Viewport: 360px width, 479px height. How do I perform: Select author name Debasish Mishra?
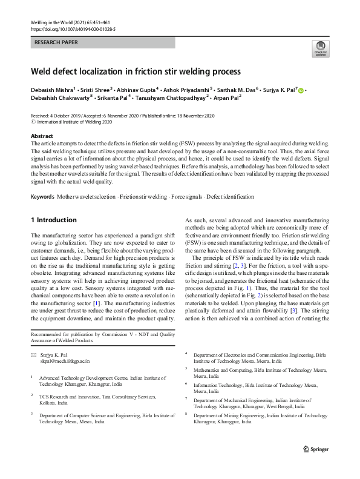click(56, 91)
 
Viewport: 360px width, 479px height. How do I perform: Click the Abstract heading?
click(42, 137)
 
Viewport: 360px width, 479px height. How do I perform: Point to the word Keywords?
click(42, 197)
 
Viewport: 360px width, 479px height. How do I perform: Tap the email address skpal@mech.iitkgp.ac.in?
click(64, 360)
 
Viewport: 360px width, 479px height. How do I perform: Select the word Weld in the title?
click(42, 71)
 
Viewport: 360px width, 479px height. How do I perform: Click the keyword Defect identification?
click(231, 197)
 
